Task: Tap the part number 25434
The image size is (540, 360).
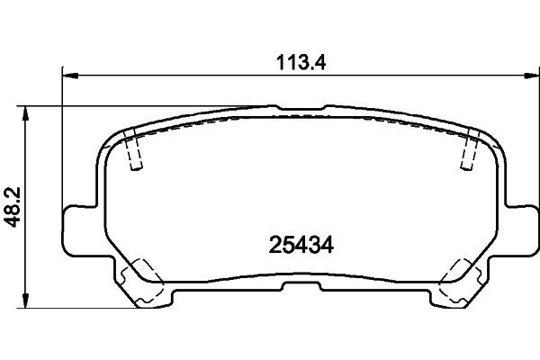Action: click(x=296, y=245)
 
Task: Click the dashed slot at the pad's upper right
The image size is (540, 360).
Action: click(x=467, y=149)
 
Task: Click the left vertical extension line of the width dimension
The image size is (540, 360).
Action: click(x=62, y=135)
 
